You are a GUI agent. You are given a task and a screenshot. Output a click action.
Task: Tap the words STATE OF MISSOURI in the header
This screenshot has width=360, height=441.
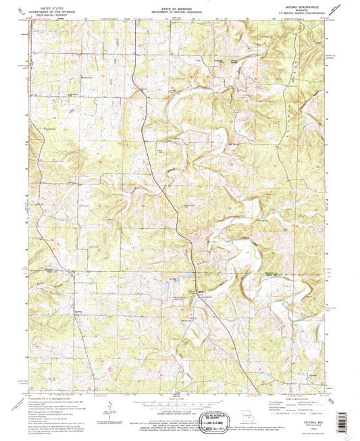pos(180,9)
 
